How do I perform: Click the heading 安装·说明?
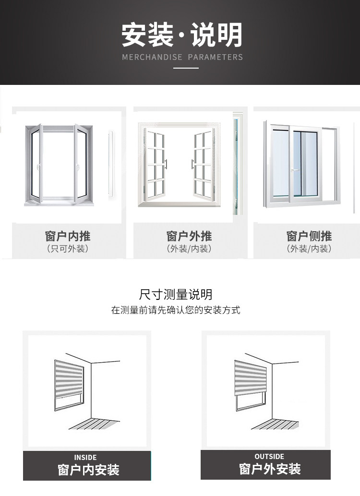coord(182,35)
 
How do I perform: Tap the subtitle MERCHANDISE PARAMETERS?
coord(182,57)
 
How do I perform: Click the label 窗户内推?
coord(68,236)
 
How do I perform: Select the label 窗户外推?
coord(189,236)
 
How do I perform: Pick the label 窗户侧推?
coord(309,236)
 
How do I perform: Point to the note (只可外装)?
coord(68,249)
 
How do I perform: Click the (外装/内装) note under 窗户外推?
coord(189,249)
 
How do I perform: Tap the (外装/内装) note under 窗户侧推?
coord(309,249)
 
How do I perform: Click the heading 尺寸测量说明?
coord(176,294)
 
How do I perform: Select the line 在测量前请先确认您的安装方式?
coord(176,310)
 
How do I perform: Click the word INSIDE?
coord(85,457)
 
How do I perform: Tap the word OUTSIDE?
coord(269,456)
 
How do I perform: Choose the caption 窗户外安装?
coord(270,468)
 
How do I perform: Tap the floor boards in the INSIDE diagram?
coord(93,424)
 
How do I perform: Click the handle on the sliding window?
coord(291,169)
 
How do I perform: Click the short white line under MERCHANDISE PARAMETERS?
coord(186,68)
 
